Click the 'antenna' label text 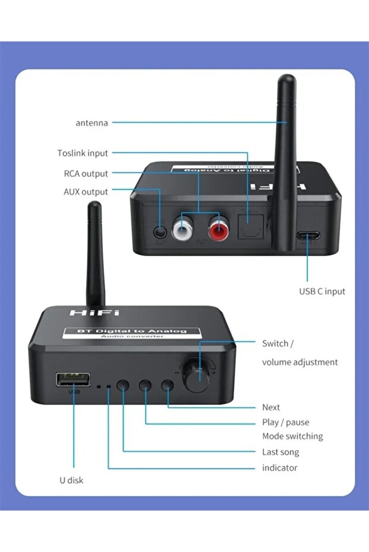(x=92, y=123)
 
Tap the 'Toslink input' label (x=83, y=153)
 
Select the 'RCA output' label (x=86, y=174)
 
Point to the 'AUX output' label (x=86, y=192)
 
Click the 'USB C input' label (x=321, y=291)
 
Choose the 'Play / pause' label (x=285, y=422)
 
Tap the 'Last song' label (x=280, y=452)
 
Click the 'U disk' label (x=71, y=480)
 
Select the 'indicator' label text (x=279, y=468)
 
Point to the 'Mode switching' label (x=292, y=436)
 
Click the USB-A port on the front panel (x=74, y=379)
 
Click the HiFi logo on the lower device (x=94, y=312)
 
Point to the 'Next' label (x=271, y=407)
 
